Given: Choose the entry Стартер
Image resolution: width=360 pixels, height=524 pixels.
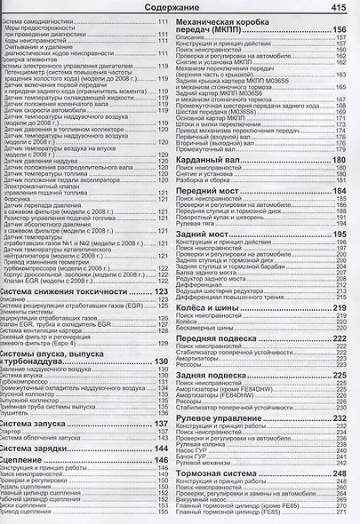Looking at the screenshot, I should [12, 432].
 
